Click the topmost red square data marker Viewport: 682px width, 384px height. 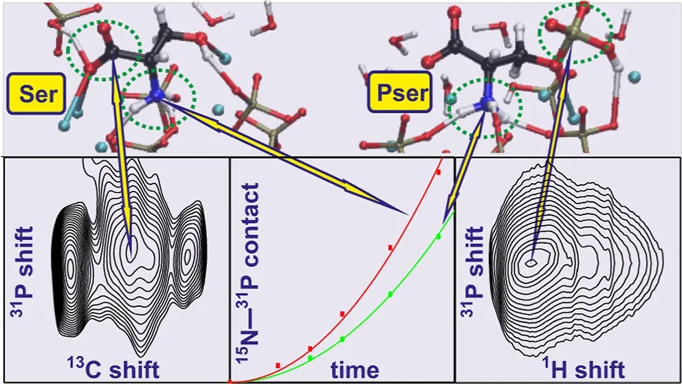[437, 172]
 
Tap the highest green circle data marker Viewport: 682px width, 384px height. [438, 236]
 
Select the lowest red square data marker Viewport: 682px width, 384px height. [278, 365]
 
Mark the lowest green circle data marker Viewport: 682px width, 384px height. [309, 358]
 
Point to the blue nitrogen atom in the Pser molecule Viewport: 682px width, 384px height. [487, 102]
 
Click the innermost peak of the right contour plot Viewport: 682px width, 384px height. [531, 262]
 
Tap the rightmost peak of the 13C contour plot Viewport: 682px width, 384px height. [187, 259]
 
